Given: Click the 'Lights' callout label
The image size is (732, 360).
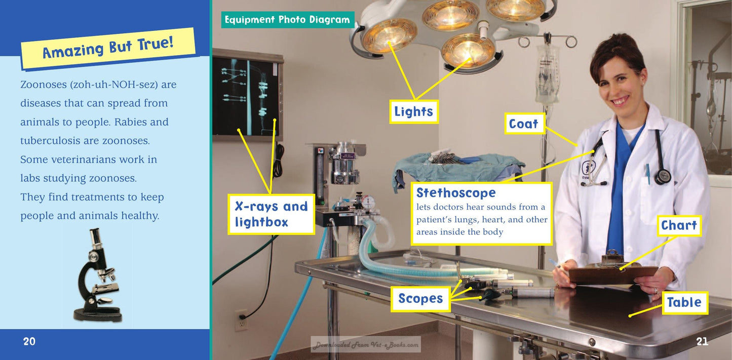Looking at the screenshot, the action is coord(414,112).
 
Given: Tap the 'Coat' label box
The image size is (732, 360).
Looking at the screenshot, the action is coord(525,124).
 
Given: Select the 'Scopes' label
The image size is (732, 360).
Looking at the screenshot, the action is coord(420,299).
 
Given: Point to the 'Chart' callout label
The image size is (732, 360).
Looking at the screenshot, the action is coord(679,225).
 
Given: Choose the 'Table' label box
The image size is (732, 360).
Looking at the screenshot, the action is coord(685,302).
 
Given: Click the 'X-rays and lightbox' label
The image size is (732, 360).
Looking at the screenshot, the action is coord(271,214).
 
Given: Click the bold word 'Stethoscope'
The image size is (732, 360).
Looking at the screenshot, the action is coord(456,193).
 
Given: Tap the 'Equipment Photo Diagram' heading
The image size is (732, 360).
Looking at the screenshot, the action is coord(288,20).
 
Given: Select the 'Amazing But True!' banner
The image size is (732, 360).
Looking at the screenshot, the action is coord(108,48).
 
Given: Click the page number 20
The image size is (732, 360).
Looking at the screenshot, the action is coord(29,341).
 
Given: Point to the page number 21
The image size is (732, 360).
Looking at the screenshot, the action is coord(702,341).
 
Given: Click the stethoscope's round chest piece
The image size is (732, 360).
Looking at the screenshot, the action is coord(663,176).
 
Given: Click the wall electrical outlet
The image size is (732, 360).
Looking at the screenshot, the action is coord(241,320).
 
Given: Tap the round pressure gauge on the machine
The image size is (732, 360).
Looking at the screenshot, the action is coord(368,202).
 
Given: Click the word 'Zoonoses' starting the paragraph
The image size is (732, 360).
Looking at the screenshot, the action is coord(44,85).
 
